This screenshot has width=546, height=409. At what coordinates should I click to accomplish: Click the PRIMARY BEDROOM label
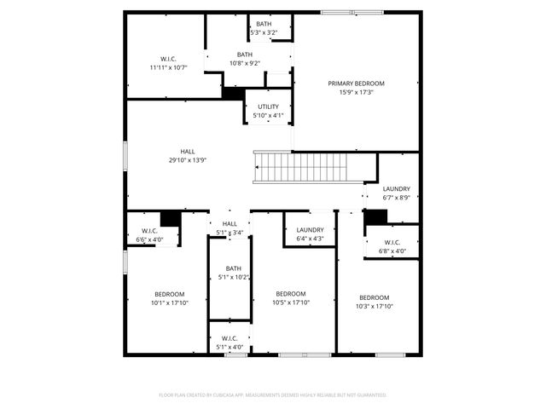point(357,84)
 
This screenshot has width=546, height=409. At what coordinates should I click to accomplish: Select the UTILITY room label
point(269,107)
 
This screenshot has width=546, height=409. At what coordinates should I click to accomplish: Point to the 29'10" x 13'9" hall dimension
point(188,159)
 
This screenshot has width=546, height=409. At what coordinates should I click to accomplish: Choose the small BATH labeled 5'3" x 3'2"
point(264,24)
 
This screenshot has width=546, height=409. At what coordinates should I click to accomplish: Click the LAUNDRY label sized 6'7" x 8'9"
point(396,189)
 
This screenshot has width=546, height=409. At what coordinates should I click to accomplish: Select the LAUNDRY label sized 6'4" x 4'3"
point(310,230)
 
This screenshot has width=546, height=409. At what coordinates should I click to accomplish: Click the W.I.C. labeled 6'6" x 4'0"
point(149,231)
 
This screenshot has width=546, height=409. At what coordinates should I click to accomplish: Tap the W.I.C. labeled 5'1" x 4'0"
point(230,338)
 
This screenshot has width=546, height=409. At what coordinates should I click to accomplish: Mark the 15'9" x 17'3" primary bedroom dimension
point(357,92)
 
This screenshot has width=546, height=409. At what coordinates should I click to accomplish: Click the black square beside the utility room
point(233,92)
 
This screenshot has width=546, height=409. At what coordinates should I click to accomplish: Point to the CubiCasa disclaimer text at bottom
point(273,395)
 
